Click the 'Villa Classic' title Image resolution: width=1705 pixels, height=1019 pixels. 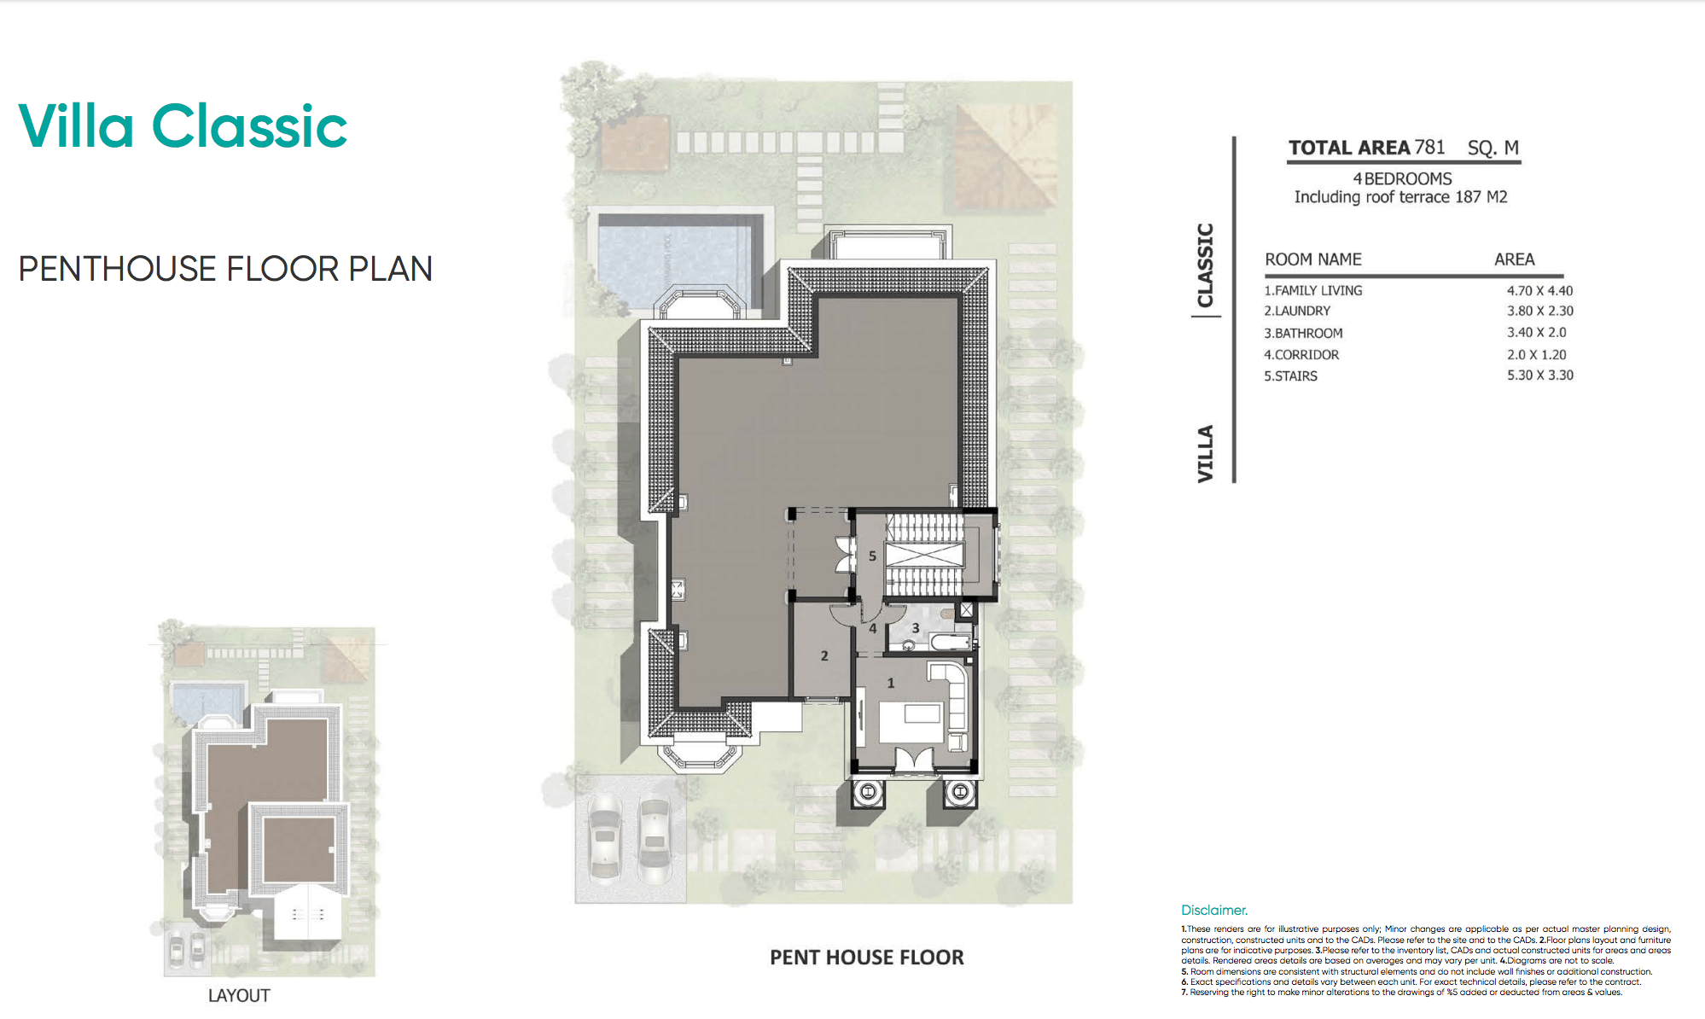point(183,126)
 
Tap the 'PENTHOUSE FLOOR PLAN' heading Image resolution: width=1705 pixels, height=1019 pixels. point(225,269)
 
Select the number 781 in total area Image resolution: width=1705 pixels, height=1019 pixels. point(1429,147)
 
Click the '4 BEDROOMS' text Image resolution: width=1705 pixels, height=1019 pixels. point(1402,178)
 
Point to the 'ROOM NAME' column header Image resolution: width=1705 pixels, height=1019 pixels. point(1312,259)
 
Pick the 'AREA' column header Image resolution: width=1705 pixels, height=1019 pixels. point(1514,259)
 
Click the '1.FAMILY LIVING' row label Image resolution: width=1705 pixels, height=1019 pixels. point(1312,290)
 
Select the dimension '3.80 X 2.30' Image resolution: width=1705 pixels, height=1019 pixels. point(1539,311)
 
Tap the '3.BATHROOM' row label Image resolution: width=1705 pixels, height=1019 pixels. point(1303,333)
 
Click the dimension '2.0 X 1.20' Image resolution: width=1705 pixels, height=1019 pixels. point(1536,354)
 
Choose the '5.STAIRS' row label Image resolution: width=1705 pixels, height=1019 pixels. point(1290,376)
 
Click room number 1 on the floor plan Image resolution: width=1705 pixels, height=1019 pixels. point(891,683)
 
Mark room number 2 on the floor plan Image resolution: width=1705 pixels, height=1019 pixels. point(824,655)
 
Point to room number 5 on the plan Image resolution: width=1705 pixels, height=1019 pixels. point(872,556)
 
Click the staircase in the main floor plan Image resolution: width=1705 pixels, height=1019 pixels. point(925,555)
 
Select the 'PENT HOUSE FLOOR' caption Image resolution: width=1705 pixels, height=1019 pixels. point(867,958)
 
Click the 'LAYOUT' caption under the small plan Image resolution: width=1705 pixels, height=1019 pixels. point(239,995)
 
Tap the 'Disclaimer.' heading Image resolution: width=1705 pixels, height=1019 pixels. point(1214,910)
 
